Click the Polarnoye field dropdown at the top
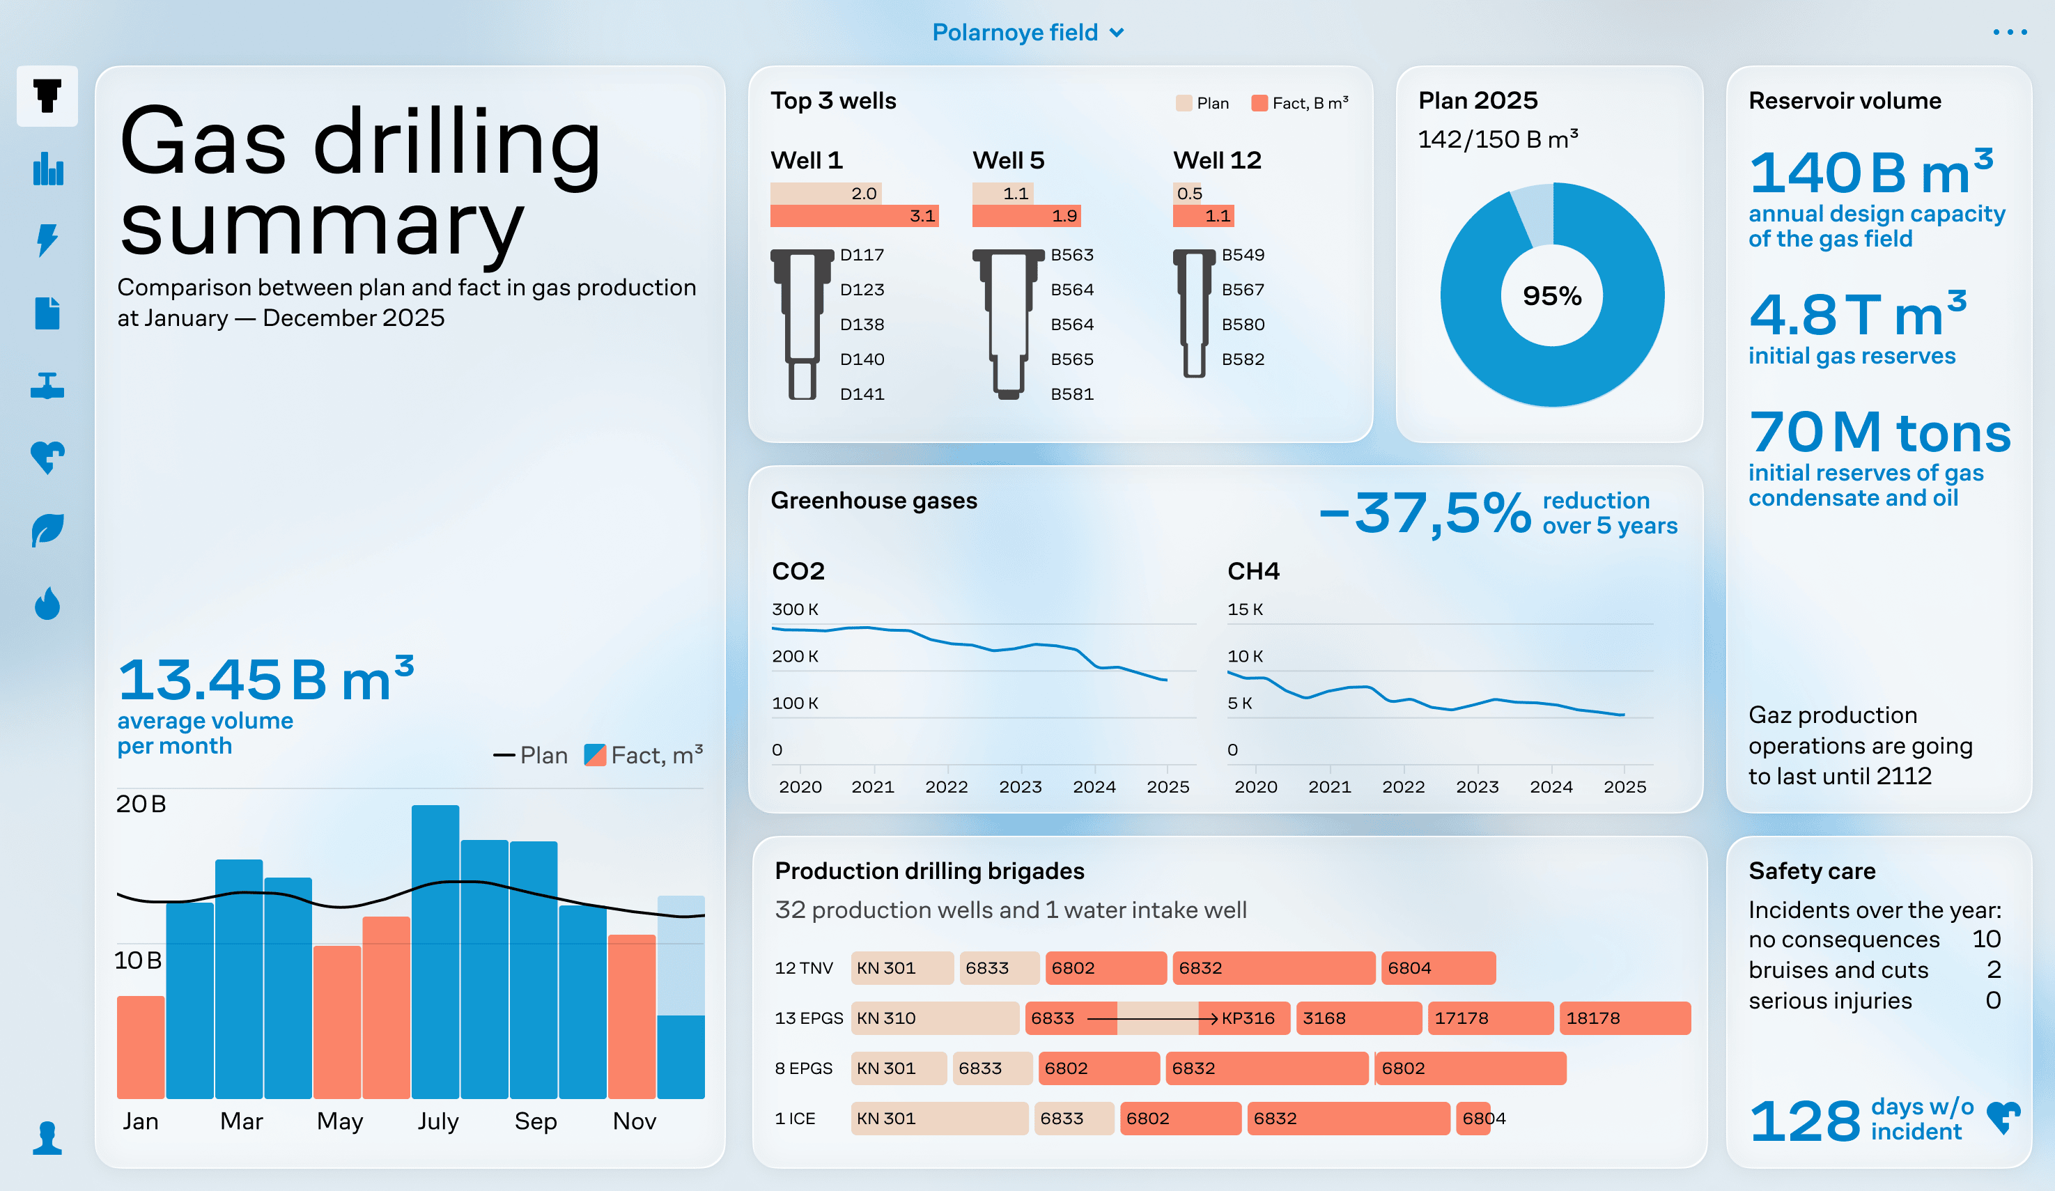[x=1027, y=33]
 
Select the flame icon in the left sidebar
[x=47, y=604]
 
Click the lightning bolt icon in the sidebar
[x=47, y=240]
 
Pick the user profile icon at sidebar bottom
[x=47, y=1138]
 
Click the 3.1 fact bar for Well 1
[x=854, y=216]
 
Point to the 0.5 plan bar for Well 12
[x=1186, y=193]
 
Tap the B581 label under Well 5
[x=1071, y=394]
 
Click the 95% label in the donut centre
[x=1552, y=295]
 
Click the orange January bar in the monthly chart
[x=140, y=1047]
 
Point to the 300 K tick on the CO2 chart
[x=795, y=609]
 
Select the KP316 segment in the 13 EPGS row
[x=1247, y=1018]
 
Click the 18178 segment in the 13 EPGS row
[x=1624, y=1018]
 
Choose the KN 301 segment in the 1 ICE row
[x=938, y=1119]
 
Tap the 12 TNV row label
[x=803, y=968]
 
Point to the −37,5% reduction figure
[x=1425, y=513]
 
